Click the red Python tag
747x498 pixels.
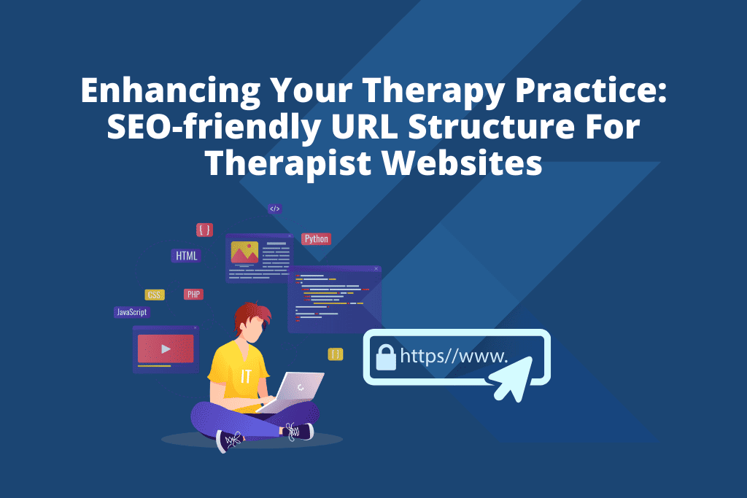[316, 238]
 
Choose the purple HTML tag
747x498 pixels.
[185, 256]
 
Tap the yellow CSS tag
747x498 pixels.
[155, 295]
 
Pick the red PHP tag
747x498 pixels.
[193, 295]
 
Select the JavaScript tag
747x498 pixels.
[131, 312]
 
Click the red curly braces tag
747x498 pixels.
[204, 230]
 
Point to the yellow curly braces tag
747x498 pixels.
[336, 354]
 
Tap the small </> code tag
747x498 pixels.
[274, 209]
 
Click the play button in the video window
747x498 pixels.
[166, 349]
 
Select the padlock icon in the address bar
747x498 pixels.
[384, 357]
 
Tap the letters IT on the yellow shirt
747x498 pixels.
[247, 376]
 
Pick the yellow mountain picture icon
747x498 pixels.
[244, 252]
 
